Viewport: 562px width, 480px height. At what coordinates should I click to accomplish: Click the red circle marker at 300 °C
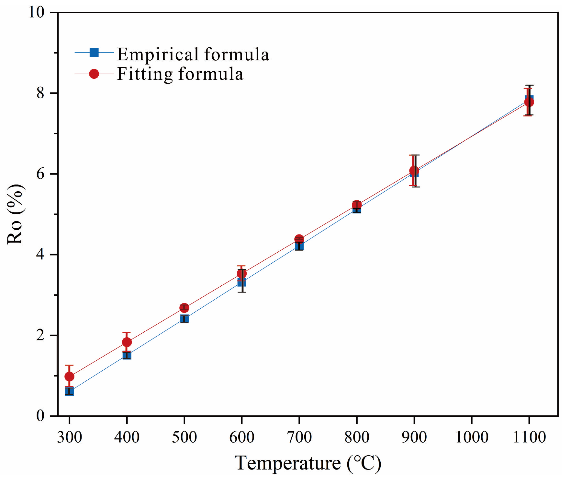pos(69,376)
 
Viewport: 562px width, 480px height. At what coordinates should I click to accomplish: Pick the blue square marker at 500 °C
pos(184,319)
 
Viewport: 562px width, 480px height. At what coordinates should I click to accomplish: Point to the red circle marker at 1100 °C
pos(529,102)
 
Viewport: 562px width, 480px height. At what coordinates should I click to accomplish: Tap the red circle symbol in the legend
pos(94,74)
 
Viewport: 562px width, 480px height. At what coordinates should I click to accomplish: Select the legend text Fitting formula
pos(180,74)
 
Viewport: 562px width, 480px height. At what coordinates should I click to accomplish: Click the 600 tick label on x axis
pos(242,437)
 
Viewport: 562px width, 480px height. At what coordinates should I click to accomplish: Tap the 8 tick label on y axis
pos(40,93)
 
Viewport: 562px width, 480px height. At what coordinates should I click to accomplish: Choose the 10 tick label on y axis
pos(36,13)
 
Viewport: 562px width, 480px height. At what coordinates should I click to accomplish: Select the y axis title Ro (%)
pos(15,214)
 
